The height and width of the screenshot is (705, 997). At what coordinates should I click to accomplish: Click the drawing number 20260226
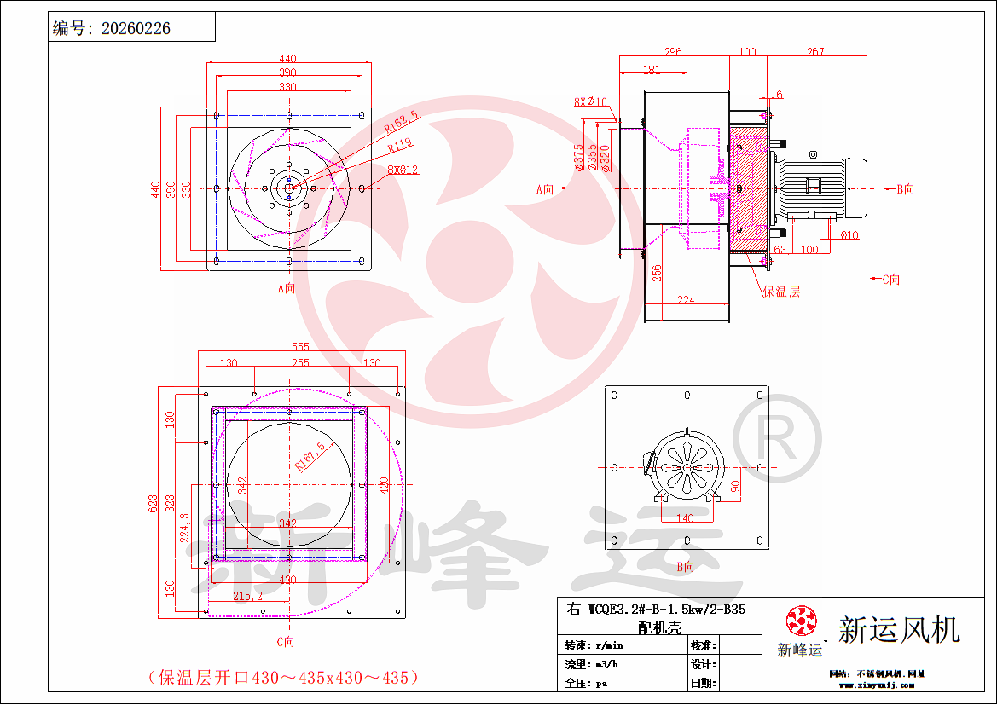tap(136, 28)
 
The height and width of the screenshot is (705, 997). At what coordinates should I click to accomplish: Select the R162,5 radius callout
tap(402, 121)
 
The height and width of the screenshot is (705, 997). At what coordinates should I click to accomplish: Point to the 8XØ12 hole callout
tap(403, 169)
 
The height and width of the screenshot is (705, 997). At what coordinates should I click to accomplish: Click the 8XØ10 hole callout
tap(590, 101)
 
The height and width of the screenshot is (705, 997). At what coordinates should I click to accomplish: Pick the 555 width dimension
tap(300, 347)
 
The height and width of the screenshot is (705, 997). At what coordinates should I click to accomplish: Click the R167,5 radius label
tap(310, 456)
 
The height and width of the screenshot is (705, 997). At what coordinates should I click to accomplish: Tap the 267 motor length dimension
tap(815, 52)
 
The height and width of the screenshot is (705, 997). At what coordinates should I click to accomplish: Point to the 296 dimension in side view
tap(673, 52)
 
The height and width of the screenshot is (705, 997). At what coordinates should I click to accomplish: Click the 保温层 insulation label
tap(782, 292)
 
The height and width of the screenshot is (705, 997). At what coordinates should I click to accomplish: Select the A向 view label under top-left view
tap(287, 288)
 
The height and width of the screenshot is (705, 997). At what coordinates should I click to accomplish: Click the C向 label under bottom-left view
tap(287, 641)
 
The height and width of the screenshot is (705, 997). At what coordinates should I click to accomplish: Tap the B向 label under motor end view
tap(685, 567)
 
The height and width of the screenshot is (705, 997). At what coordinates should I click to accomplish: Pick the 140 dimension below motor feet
tap(685, 517)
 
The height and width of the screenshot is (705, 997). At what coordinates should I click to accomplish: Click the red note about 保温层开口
tap(284, 678)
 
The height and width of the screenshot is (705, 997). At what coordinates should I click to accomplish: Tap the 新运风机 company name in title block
tap(899, 630)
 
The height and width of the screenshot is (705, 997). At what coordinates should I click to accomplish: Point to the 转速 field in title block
tap(577, 644)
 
